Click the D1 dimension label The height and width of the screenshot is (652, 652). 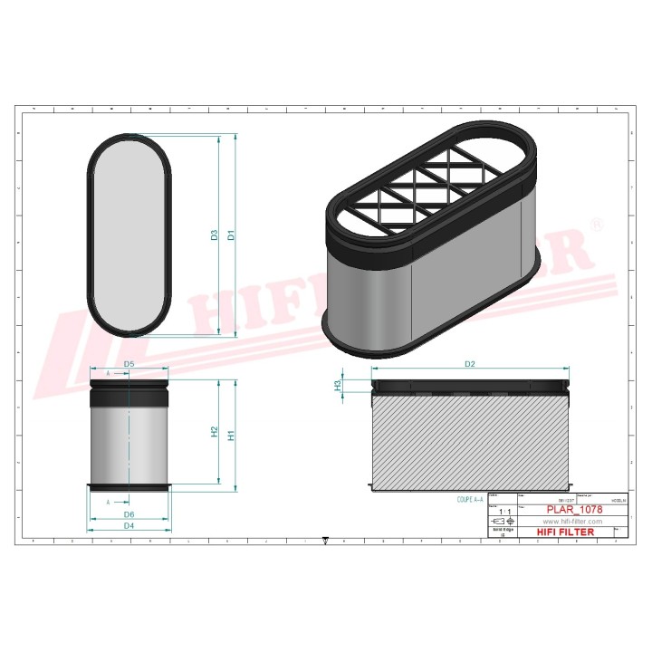coord(232,235)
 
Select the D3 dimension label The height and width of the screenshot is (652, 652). coord(215,235)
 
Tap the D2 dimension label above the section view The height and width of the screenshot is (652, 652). coord(470,364)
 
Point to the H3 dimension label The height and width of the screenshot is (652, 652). coord(339,385)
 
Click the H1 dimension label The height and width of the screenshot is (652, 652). coord(232,435)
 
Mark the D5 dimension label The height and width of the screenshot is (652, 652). coord(129,364)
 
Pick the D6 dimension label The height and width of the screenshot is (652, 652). coord(129,515)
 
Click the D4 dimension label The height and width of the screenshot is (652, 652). coord(129,525)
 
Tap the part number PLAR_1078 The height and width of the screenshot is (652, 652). coord(573,511)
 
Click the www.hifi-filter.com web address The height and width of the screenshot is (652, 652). coord(573,523)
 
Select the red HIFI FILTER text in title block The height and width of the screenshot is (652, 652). coord(567,532)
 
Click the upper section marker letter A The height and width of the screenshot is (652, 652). coord(109,373)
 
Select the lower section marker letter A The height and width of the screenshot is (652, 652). coord(109,501)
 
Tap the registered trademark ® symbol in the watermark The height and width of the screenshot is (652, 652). coord(595,223)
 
